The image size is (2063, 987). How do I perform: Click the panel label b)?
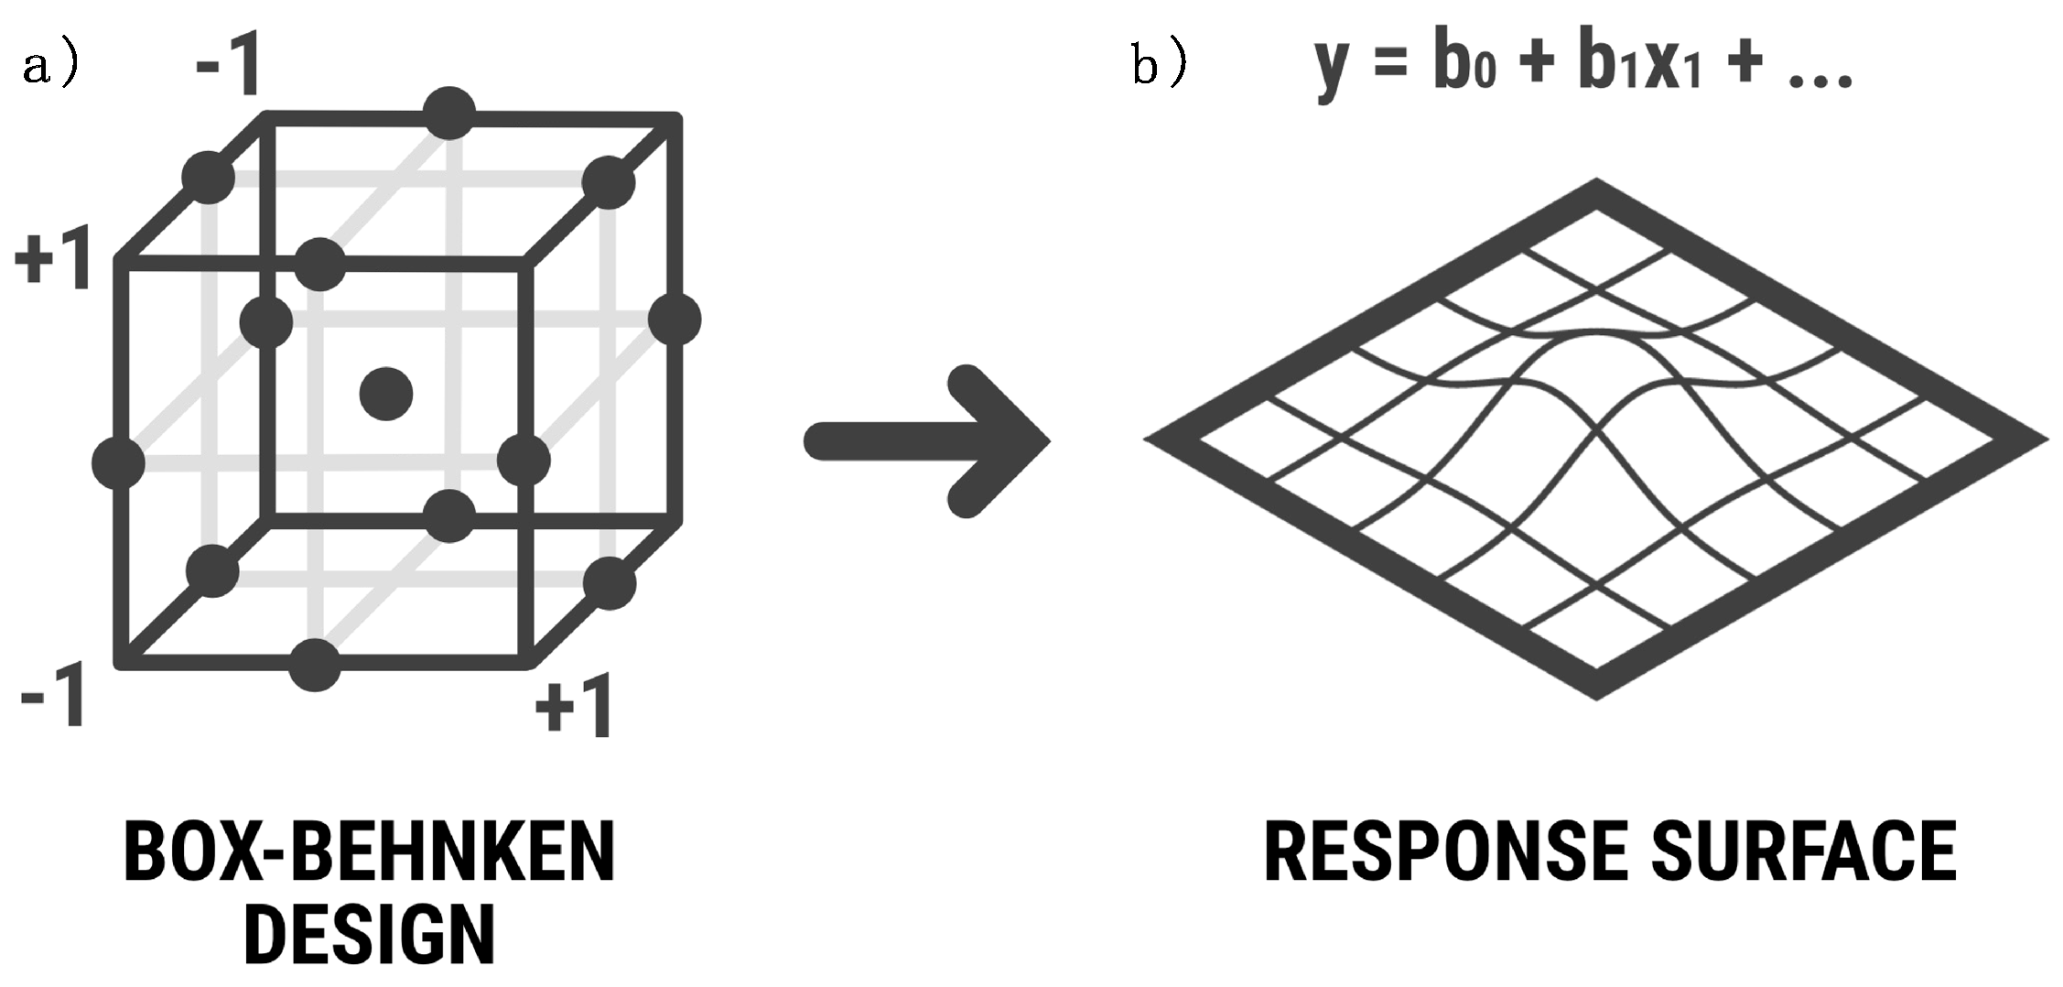tap(1160, 66)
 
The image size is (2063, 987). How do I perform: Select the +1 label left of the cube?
tap(53, 259)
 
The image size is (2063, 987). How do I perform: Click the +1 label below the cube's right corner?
tap(574, 707)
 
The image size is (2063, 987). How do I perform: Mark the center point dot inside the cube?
tap(386, 394)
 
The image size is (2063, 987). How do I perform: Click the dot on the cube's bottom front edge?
tap(315, 665)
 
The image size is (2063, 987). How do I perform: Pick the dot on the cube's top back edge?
tap(449, 114)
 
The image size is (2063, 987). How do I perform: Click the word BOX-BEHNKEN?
tap(370, 852)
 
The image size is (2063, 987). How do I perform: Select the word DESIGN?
tap(370, 934)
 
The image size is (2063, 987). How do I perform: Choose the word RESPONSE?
tap(1445, 852)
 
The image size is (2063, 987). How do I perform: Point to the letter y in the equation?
tap(1331, 69)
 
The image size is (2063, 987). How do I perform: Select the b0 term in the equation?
tap(1464, 66)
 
